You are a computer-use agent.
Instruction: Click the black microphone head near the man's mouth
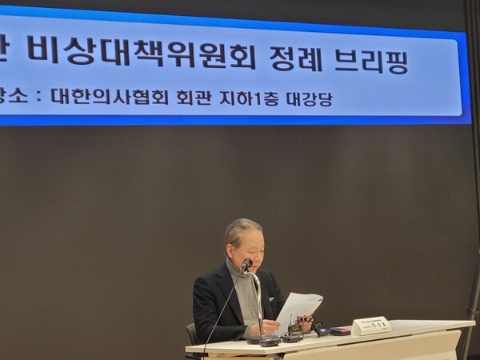point(246,264)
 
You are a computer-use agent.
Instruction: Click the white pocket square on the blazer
point(272,300)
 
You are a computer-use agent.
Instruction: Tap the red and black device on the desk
point(339,330)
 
